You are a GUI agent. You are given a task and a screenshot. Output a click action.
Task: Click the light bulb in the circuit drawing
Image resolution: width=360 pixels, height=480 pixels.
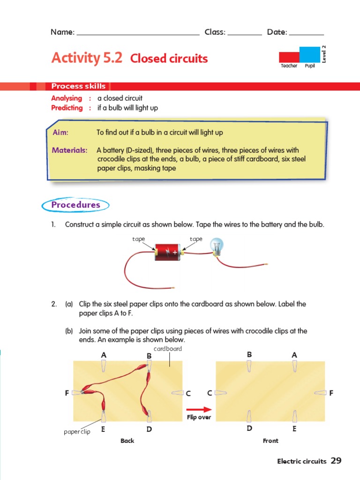click(x=217, y=246)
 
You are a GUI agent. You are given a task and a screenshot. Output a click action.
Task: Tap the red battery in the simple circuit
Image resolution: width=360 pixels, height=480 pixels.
click(x=167, y=252)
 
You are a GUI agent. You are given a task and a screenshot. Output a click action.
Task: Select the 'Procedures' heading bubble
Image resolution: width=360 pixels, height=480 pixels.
click(x=75, y=205)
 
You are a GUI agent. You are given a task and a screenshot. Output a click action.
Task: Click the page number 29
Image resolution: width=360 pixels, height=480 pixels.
click(x=336, y=461)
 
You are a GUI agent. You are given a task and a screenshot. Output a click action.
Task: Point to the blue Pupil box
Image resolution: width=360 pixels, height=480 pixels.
click(x=309, y=54)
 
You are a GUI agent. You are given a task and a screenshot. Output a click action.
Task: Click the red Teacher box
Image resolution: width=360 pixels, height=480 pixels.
click(x=289, y=57)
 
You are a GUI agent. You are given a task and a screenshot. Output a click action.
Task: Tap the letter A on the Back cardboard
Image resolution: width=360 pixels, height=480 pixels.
click(x=104, y=355)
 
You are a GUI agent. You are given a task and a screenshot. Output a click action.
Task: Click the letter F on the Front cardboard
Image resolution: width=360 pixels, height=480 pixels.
click(x=331, y=393)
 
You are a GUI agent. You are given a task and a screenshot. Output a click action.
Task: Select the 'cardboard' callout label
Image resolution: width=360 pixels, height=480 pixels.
click(x=168, y=349)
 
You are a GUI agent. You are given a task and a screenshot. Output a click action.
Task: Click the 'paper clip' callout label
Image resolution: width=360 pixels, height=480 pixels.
click(x=77, y=432)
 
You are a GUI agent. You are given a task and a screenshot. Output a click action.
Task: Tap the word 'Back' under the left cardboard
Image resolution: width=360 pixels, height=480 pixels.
click(x=127, y=441)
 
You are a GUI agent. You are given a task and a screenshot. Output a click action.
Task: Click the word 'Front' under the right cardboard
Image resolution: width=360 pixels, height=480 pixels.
click(x=270, y=441)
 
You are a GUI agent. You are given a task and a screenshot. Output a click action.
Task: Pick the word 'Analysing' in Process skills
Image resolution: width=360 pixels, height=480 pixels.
click(x=67, y=98)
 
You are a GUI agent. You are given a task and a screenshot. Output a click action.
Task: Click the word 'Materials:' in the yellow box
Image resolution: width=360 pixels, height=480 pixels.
click(x=69, y=150)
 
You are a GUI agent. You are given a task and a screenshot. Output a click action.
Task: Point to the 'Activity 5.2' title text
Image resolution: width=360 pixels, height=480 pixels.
click(x=87, y=58)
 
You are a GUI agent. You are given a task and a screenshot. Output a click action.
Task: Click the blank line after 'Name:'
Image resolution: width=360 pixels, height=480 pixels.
click(x=138, y=32)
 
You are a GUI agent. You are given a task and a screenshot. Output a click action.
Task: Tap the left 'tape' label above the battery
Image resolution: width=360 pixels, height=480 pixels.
click(x=138, y=239)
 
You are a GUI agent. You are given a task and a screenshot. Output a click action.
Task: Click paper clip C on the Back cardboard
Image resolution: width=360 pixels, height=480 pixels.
click(x=177, y=392)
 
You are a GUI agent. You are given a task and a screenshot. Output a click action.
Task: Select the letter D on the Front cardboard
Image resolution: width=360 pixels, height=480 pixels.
click(x=249, y=428)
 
